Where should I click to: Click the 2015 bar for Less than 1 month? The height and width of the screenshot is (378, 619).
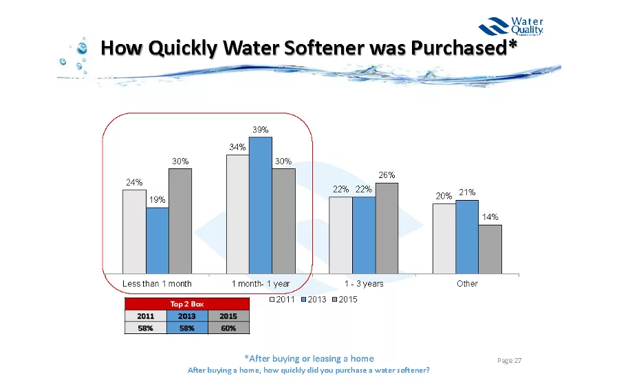click(x=180, y=220)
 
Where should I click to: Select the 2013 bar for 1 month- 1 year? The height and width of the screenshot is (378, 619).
click(x=261, y=205)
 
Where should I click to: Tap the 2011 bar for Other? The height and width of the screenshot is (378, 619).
click(x=444, y=238)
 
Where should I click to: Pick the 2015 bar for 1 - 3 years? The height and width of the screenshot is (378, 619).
click(x=387, y=227)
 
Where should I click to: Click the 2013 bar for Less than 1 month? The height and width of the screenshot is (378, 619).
click(x=158, y=240)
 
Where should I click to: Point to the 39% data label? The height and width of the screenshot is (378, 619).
click(x=261, y=129)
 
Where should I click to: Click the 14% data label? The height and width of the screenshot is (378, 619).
click(x=490, y=217)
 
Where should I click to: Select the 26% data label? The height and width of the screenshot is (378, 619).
click(x=387, y=175)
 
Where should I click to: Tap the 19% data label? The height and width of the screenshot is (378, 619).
click(x=158, y=200)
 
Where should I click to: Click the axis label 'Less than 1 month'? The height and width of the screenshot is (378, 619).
click(x=157, y=283)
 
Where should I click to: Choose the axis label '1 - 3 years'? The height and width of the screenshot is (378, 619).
click(x=364, y=283)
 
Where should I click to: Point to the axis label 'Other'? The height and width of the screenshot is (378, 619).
click(x=467, y=283)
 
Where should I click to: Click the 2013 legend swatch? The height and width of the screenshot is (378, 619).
click(x=303, y=300)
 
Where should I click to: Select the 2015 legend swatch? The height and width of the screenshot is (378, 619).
click(x=334, y=300)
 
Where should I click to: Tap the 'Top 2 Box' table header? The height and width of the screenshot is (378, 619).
click(x=186, y=303)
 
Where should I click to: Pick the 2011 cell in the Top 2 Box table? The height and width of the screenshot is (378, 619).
click(x=145, y=316)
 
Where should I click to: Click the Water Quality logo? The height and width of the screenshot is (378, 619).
click(x=512, y=27)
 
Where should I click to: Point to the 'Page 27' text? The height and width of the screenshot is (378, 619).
click(x=510, y=361)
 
